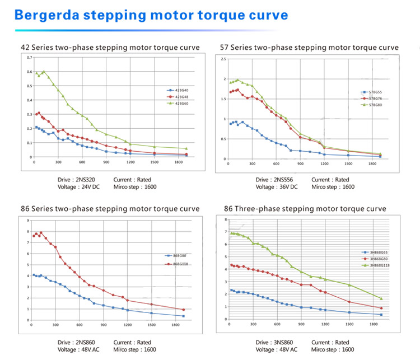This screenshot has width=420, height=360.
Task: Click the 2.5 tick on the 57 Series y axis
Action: click(223, 59)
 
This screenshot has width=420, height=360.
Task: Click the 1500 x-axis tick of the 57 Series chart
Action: click(348, 163)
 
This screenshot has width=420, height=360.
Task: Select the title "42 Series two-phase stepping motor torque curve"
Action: click(110, 48)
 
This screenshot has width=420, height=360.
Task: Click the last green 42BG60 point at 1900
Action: click(186, 148)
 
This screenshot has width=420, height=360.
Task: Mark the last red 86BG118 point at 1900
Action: click(183, 310)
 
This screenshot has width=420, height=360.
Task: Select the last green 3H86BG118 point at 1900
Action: click(381, 298)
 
